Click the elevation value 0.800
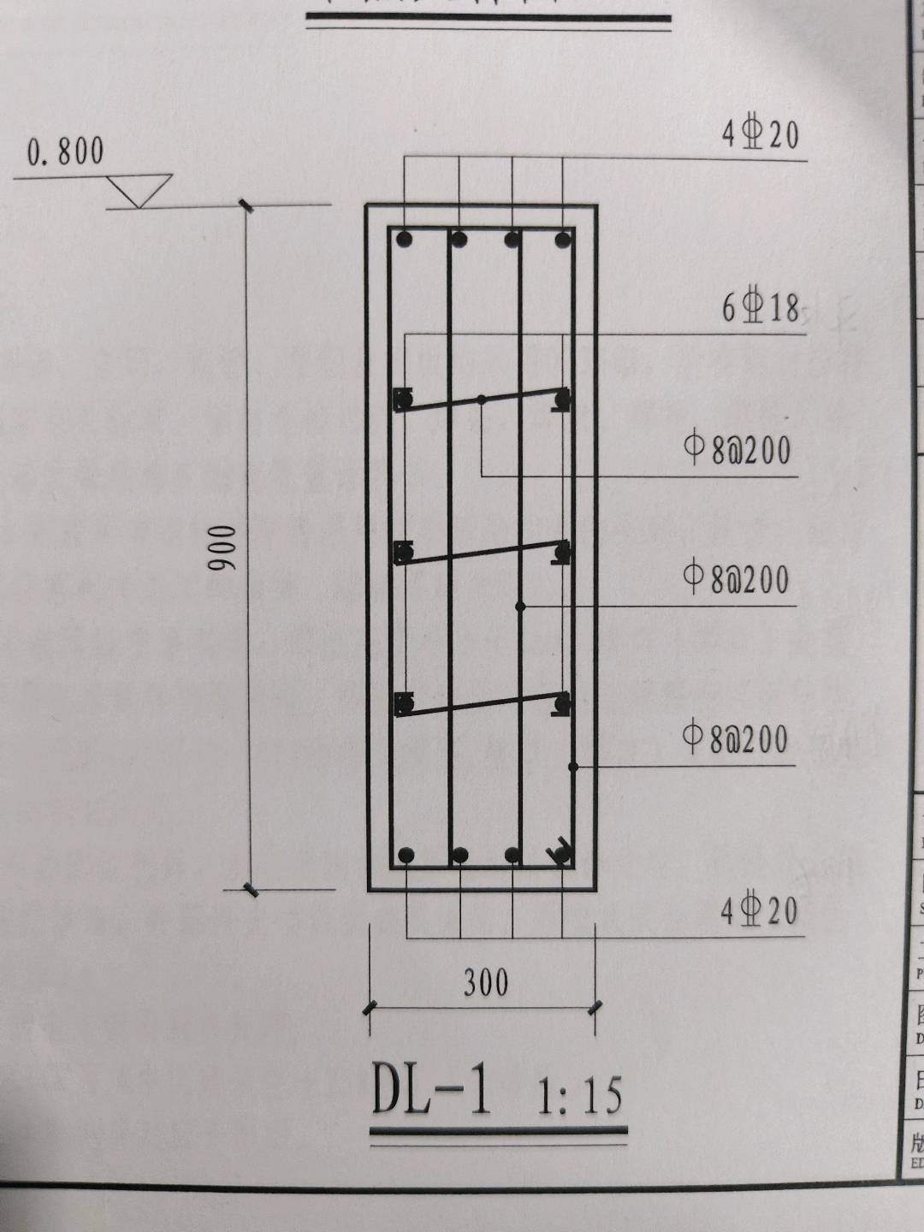pos(65,151)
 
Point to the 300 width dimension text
pos(486,982)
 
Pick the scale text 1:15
pos(579,1096)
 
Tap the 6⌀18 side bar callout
pos(760,307)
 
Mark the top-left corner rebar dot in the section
pos(405,240)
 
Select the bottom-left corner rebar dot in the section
pos(406,855)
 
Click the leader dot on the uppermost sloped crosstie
pos(482,400)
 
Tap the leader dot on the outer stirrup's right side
pos(573,767)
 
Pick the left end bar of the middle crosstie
pos(403,553)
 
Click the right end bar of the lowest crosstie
pos(561,703)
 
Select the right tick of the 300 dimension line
pos(595,1009)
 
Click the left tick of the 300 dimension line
pos(370,1009)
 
